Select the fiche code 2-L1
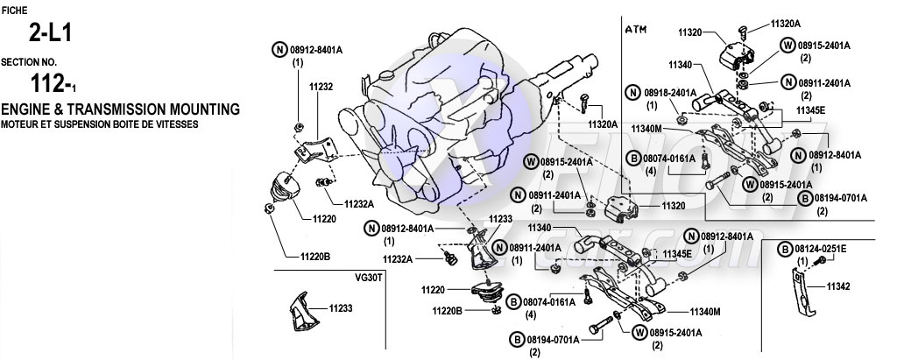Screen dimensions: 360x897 (49, 35)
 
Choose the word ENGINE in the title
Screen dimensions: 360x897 (28, 109)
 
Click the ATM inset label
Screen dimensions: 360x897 (635, 29)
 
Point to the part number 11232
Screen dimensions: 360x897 (321, 88)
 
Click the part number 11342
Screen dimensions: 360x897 (839, 286)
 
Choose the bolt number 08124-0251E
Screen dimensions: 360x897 (821, 249)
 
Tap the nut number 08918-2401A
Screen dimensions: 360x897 (670, 92)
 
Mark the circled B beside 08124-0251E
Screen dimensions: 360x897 (785, 250)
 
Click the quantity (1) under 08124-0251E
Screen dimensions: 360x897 (802, 261)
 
